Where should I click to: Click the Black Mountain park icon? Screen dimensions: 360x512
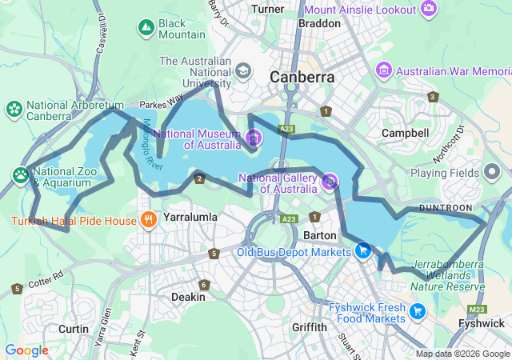pyautogui.click(x=146, y=29)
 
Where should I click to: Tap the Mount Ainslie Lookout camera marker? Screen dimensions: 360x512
pyautogui.click(x=430, y=9)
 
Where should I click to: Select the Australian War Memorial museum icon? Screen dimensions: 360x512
pyautogui.click(x=385, y=71)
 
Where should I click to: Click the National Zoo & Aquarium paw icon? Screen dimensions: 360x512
pyautogui.click(x=20, y=174)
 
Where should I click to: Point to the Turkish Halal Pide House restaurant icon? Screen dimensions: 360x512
pyautogui.click(x=148, y=219)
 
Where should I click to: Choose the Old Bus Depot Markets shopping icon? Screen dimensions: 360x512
pyautogui.click(x=362, y=251)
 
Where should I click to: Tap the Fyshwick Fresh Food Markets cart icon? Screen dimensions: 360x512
pyautogui.click(x=416, y=311)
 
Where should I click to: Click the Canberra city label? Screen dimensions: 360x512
pyautogui.click(x=302, y=77)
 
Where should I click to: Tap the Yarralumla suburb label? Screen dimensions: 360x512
pyautogui.click(x=190, y=217)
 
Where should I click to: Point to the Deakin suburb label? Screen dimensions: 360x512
pyautogui.click(x=188, y=297)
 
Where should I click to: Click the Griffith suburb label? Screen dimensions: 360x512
pyautogui.click(x=310, y=327)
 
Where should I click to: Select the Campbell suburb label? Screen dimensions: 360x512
pyautogui.click(x=404, y=132)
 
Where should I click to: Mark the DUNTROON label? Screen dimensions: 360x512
pyautogui.click(x=446, y=208)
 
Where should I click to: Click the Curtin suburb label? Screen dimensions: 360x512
pyautogui.click(x=74, y=328)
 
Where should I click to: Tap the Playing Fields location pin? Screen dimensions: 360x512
pyautogui.click(x=491, y=172)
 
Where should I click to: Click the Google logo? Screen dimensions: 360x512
pyautogui.click(x=26, y=350)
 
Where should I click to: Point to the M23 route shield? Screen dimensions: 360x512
pyautogui.click(x=478, y=310)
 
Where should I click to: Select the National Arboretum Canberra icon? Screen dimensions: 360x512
pyautogui.click(x=14, y=109)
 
